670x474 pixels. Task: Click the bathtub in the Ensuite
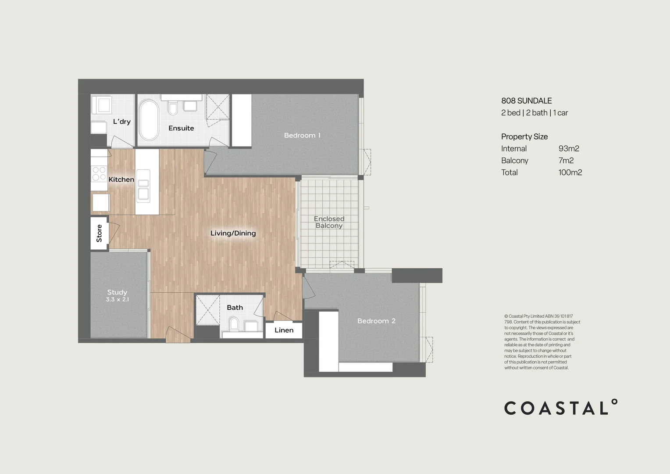pyautogui.click(x=149, y=120)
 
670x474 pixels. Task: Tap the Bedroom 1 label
pyautogui.click(x=302, y=135)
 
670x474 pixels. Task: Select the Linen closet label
pyautogui.click(x=284, y=330)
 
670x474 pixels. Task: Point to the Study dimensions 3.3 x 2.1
pyautogui.click(x=117, y=299)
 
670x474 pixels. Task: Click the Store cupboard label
pyautogui.click(x=99, y=233)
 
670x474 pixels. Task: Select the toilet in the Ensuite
pyautogui.click(x=173, y=108)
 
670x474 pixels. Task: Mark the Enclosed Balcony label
pyautogui.click(x=329, y=222)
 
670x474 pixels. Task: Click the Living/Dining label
pyautogui.click(x=233, y=233)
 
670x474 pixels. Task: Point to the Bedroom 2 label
pyautogui.click(x=376, y=321)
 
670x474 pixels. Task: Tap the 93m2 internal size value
pyautogui.click(x=569, y=149)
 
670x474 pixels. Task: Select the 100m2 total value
pyautogui.click(x=570, y=172)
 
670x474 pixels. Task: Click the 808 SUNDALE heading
pyautogui.click(x=526, y=101)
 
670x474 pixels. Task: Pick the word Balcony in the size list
pyautogui.click(x=514, y=161)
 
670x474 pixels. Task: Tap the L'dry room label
pyautogui.click(x=121, y=122)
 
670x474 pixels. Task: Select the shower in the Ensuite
pyautogui.click(x=217, y=106)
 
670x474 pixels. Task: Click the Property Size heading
pyautogui.click(x=524, y=136)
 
